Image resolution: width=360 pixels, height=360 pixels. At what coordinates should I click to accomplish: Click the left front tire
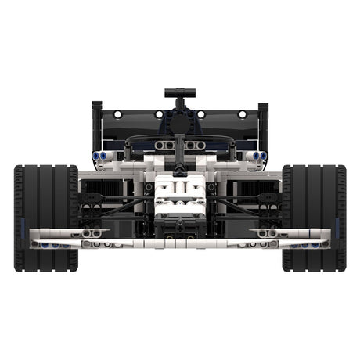(x=45, y=218)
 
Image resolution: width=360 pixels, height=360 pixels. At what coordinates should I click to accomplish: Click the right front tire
(x=314, y=218)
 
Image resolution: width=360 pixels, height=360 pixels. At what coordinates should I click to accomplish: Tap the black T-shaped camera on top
(x=179, y=94)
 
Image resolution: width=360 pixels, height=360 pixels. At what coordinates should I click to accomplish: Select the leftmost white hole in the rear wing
(x=117, y=114)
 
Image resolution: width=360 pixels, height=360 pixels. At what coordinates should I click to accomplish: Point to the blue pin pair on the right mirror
(x=259, y=156)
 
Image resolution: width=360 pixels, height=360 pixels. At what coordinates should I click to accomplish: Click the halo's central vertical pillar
(x=179, y=153)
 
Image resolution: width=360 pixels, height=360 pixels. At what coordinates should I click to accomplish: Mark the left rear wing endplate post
(x=96, y=125)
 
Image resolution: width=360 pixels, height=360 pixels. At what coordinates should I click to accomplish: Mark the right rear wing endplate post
(x=263, y=125)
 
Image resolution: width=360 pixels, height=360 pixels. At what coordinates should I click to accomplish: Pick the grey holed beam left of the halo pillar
(x=164, y=146)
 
